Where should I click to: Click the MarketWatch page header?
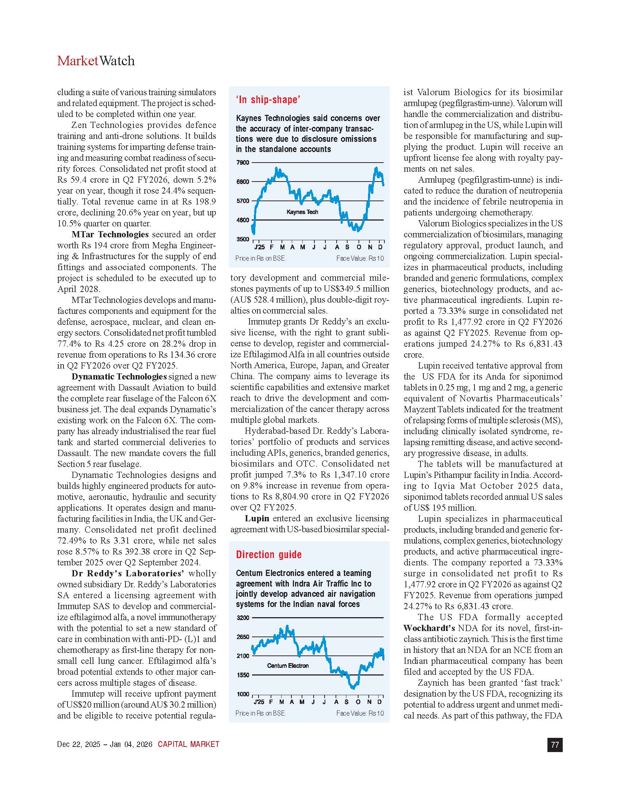(96, 61)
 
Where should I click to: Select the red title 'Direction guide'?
(268, 554)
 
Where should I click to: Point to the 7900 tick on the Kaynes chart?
(243, 163)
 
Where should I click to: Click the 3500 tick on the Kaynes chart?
(243, 240)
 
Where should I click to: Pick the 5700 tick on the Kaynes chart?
(243, 201)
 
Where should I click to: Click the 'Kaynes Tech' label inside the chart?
(302, 212)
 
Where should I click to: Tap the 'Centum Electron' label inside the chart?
(288, 666)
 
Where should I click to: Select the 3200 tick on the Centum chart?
(243, 618)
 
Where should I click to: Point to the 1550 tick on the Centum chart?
(243, 675)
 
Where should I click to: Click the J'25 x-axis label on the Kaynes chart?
(259, 247)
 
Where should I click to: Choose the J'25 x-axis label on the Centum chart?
(259, 702)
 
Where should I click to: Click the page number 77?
(555, 745)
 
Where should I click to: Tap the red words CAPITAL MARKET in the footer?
(189, 744)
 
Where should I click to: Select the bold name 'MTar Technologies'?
(110, 234)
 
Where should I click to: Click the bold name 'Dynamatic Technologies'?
(119, 377)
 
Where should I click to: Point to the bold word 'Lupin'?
(257, 518)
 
